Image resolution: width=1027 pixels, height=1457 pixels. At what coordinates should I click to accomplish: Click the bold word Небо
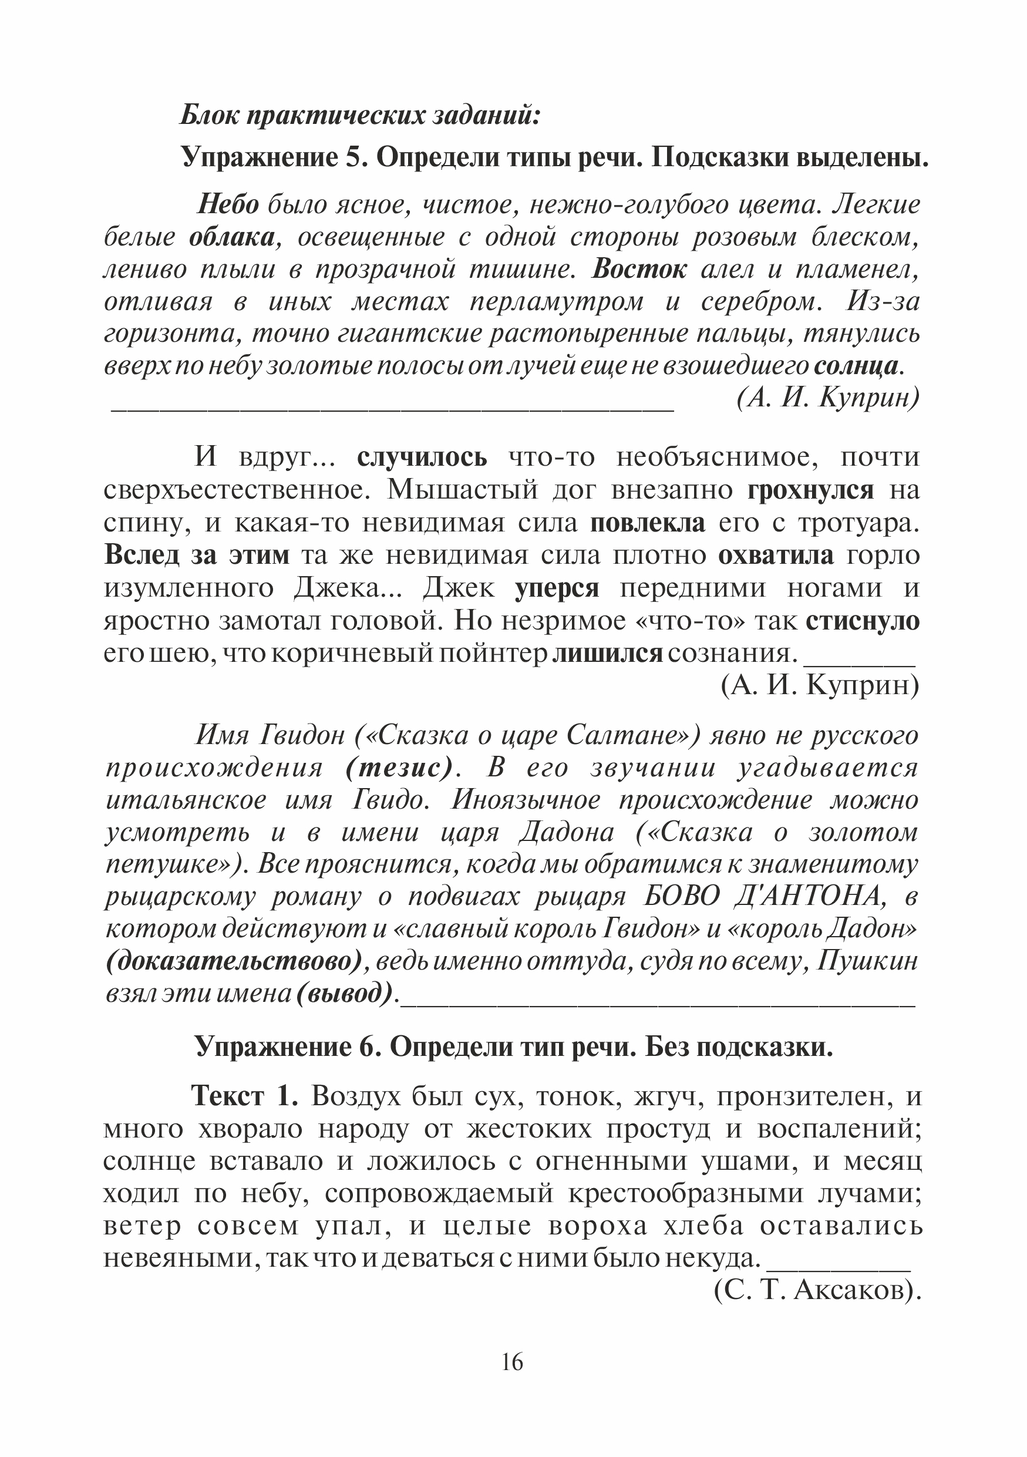tap(228, 205)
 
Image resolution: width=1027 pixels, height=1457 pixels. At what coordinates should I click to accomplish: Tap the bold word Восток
tap(639, 270)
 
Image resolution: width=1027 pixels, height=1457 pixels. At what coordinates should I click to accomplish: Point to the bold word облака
tap(232, 237)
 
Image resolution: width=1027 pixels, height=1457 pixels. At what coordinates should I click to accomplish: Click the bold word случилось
tap(422, 457)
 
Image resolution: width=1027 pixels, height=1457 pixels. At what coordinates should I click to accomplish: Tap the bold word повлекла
tap(648, 523)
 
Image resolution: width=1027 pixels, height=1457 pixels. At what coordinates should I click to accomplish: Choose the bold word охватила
tap(776, 556)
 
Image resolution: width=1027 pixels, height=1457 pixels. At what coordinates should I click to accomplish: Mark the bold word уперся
tap(557, 588)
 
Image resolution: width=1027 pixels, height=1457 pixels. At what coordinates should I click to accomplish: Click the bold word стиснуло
tap(863, 621)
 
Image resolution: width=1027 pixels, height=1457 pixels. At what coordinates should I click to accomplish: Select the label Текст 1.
tap(244, 1096)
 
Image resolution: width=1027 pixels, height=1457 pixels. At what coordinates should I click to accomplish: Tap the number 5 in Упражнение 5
tap(353, 157)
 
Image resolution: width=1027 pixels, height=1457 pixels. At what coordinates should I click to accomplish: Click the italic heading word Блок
tap(209, 116)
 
